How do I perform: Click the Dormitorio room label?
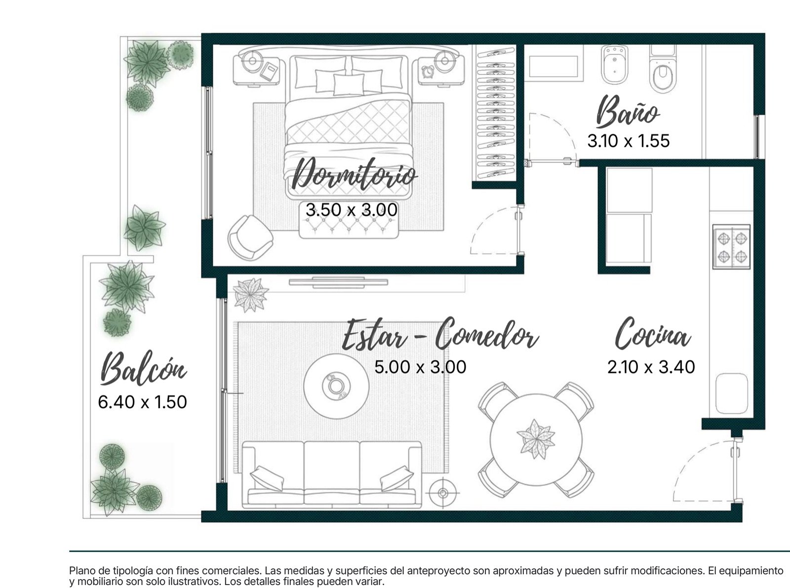pos(354,175)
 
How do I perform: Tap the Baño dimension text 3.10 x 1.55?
pos(628,141)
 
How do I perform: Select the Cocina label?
pos(653,334)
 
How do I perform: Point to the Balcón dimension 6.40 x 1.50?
pos(143,402)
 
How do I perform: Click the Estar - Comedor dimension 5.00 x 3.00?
pos(420,367)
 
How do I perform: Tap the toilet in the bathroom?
pos(663,70)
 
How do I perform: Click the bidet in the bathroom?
pos(614,65)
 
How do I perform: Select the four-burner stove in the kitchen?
pos(731,247)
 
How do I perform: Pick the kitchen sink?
pos(732,394)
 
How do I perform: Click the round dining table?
pos(536,440)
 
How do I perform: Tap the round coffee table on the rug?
pos(336,386)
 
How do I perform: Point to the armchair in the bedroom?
pos(250,238)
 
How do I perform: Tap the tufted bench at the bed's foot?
pos(349,227)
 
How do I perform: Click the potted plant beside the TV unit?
pos(251,295)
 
